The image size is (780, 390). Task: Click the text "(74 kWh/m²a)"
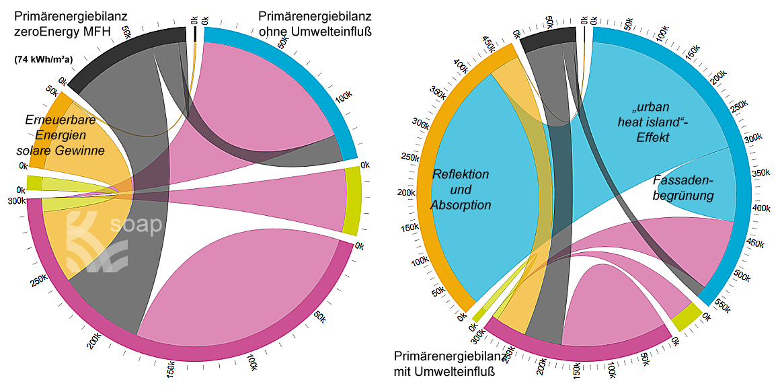(43, 59)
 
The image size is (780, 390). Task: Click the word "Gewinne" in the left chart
(80, 151)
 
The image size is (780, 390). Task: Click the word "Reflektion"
(461, 174)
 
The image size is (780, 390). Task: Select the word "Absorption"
(461, 205)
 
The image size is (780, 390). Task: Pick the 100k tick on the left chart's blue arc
(342, 98)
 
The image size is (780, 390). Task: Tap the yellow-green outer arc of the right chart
(687, 317)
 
